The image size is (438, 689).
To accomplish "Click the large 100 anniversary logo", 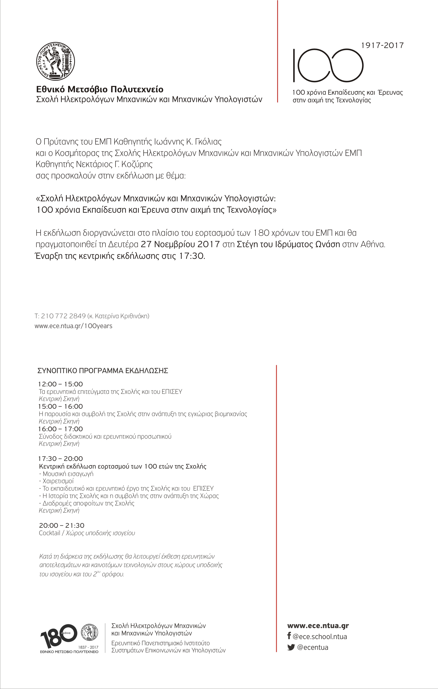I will tap(328, 65).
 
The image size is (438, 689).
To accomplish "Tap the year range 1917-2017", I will tap(382, 45).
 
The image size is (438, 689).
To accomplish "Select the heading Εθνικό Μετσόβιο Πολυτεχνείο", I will tap(100, 89).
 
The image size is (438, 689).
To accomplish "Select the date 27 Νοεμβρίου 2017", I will tap(180, 244).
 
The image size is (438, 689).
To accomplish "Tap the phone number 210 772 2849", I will tap(64, 316).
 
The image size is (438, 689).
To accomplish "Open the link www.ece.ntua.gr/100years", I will tap(73, 326).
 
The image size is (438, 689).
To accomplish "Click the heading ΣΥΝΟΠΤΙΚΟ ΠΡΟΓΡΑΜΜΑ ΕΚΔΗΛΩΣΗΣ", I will tap(103, 371).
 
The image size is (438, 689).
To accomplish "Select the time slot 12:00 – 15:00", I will tap(60, 384).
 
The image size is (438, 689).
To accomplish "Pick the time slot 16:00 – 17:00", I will tap(60, 429).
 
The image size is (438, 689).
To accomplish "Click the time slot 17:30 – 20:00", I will tap(60, 459).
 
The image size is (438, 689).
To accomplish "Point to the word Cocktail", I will tap(50, 533).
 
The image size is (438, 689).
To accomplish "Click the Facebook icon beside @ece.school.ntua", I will tap(289, 636).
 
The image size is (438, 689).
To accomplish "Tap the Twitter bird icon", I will tap(291, 647).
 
